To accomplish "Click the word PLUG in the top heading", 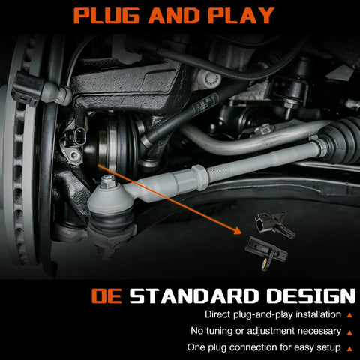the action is [x=106, y=16].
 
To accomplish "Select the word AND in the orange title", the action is [x=174, y=16].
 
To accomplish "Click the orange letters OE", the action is [x=106, y=296].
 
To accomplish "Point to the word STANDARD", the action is [x=193, y=296].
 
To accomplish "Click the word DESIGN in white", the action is [x=310, y=296].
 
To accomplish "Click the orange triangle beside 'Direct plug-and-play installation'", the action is [x=349, y=315].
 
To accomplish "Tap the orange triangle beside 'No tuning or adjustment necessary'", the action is [x=349, y=332].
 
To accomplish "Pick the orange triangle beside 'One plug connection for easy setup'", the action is [x=349, y=349].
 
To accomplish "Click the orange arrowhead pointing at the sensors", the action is [x=238, y=231].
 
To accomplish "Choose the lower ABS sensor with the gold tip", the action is [x=266, y=253].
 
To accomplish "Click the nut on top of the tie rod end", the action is [x=108, y=182].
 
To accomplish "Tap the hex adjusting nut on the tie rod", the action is [x=199, y=177].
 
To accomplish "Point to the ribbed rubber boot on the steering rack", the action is [x=343, y=140].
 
